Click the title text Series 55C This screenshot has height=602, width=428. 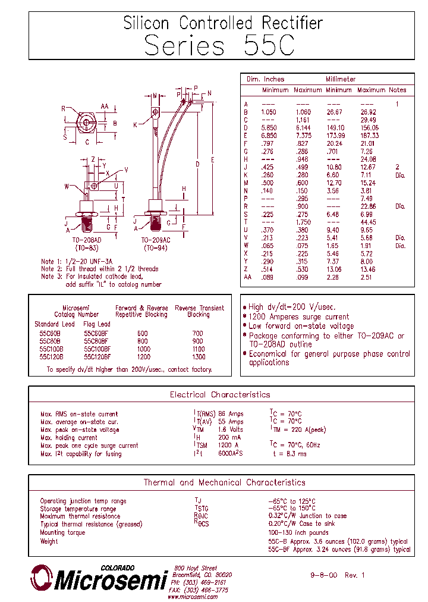[219, 46]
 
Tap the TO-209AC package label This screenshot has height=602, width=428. [156, 239]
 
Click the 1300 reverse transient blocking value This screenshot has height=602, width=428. [199, 357]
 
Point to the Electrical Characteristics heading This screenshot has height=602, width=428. [220, 394]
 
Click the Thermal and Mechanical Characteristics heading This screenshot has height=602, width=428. [224, 482]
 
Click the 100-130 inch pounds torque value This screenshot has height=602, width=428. [298, 532]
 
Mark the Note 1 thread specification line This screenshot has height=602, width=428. [77, 261]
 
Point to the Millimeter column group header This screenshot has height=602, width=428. [341, 79]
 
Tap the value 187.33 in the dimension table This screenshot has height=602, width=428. [369, 136]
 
